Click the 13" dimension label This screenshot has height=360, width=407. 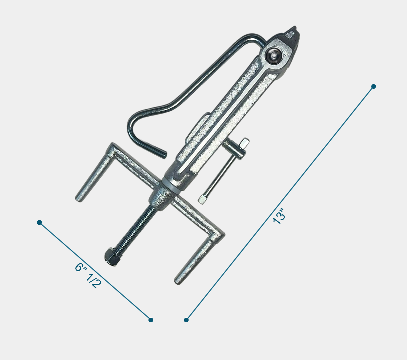(279, 216)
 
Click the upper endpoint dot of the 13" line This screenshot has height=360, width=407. (373, 87)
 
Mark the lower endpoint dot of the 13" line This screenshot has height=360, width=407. (186, 320)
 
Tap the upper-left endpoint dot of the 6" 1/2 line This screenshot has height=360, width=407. (39, 223)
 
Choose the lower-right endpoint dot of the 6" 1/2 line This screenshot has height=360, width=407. (151, 320)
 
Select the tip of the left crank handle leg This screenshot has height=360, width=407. (80, 197)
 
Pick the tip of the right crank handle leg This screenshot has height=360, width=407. (178, 280)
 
